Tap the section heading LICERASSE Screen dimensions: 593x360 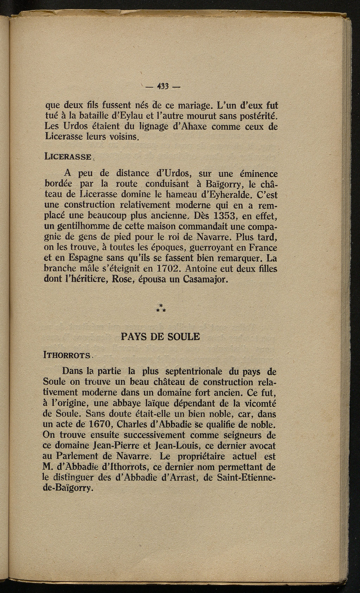(x=69, y=157)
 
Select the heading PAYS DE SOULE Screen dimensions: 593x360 (x=160, y=337)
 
